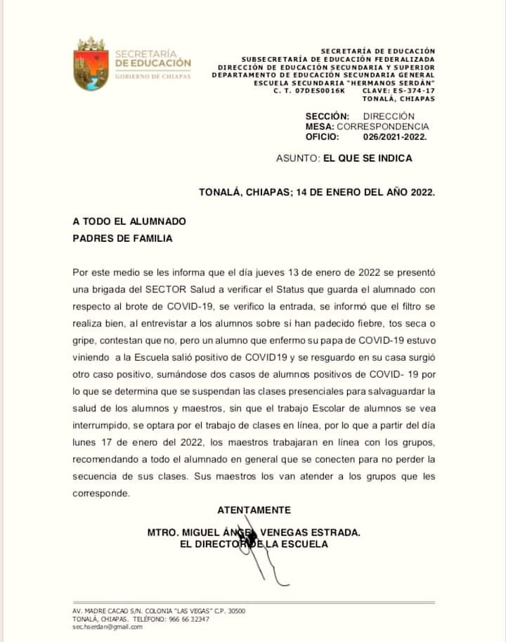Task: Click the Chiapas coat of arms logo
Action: tap(90, 65)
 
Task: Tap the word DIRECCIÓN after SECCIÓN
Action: tap(389, 116)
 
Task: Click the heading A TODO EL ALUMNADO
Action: tap(129, 221)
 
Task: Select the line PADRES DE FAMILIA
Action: tap(122, 238)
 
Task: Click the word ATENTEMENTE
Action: tap(254, 510)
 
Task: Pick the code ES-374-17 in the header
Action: tap(414, 91)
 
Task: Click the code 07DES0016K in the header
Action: tap(321, 91)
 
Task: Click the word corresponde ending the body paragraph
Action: tap(100, 494)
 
